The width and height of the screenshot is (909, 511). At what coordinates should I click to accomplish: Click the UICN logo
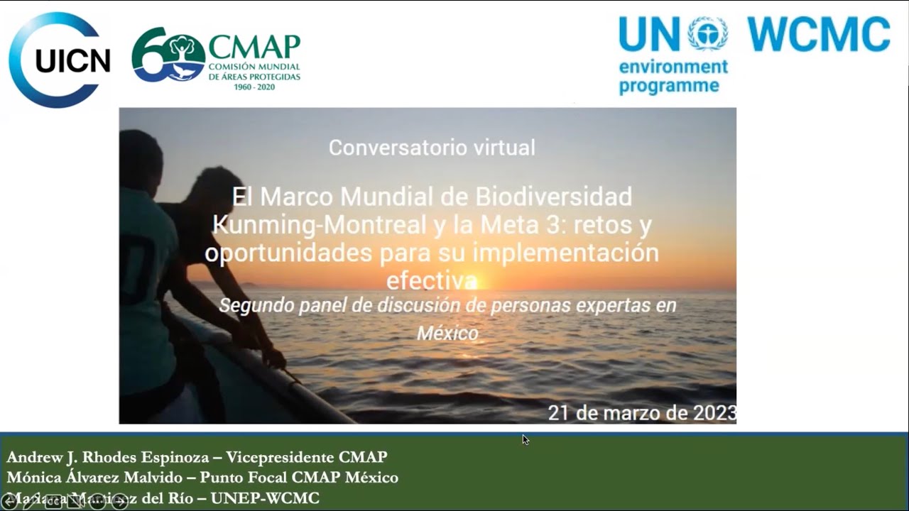tap(60, 60)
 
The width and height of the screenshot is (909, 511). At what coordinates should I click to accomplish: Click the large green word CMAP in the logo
tap(254, 47)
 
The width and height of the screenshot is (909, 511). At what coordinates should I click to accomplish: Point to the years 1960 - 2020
tap(254, 87)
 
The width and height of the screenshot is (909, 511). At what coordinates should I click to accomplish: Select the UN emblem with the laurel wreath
tap(707, 33)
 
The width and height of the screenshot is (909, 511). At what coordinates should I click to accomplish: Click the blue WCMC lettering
tap(818, 34)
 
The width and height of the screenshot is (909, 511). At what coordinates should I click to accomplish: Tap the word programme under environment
tap(659, 87)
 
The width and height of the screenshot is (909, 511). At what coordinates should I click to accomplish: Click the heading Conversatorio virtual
tap(432, 148)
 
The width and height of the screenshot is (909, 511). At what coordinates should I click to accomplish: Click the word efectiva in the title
tap(431, 281)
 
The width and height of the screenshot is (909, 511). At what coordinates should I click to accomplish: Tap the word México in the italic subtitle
tap(447, 333)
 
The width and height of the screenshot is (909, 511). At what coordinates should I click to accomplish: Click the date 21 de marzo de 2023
tap(642, 412)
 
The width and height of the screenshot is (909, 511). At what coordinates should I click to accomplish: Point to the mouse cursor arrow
tap(525, 439)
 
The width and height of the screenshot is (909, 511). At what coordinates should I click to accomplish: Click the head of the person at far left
tap(142, 156)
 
